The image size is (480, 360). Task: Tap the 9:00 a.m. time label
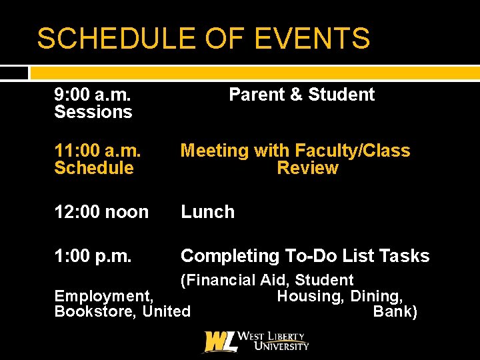pyautogui.click(x=93, y=95)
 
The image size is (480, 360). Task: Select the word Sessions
pyautogui.click(x=93, y=112)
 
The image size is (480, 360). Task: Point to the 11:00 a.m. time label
pyautogui.click(x=97, y=151)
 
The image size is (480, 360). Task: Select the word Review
pyautogui.click(x=307, y=168)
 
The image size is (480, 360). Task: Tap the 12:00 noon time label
pyautogui.click(x=101, y=212)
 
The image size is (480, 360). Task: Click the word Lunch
pyautogui.click(x=207, y=212)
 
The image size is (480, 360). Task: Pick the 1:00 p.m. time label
pyautogui.click(x=93, y=256)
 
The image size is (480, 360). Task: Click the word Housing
pyautogui.click(x=308, y=296)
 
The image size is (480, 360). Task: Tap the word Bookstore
pyautogui.click(x=96, y=311)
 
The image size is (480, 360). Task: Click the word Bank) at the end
pyautogui.click(x=395, y=311)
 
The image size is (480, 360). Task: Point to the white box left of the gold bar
pyautogui.click(x=14, y=73)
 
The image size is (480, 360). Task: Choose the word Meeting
pyautogui.click(x=214, y=151)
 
